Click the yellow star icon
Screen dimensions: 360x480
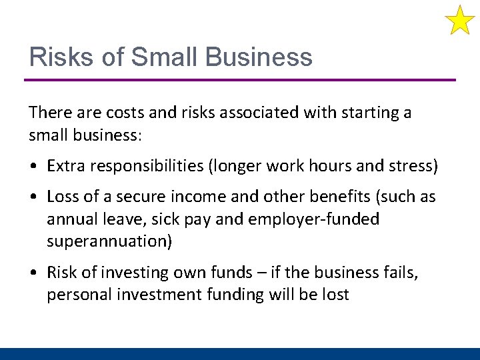[x=460, y=20]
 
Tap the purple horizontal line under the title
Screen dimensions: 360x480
[x=240, y=80]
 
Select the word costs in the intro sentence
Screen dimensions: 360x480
[x=111, y=113]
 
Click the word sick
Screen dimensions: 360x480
[x=173, y=219]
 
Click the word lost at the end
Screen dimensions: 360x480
[x=335, y=295]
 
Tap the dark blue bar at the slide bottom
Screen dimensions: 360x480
[x=240, y=353]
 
